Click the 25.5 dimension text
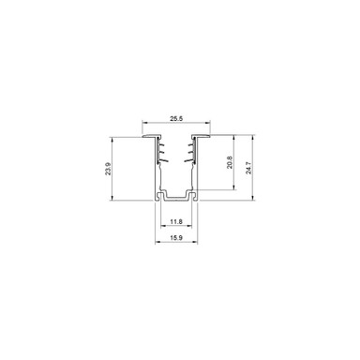(x=175, y=119)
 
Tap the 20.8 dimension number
(x=230, y=162)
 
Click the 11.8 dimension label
(x=175, y=221)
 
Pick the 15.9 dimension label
(x=175, y=239)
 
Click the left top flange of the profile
(x=149, y=138)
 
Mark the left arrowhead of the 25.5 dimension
(x=143, y=124)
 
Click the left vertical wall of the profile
(x=156, y=173)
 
